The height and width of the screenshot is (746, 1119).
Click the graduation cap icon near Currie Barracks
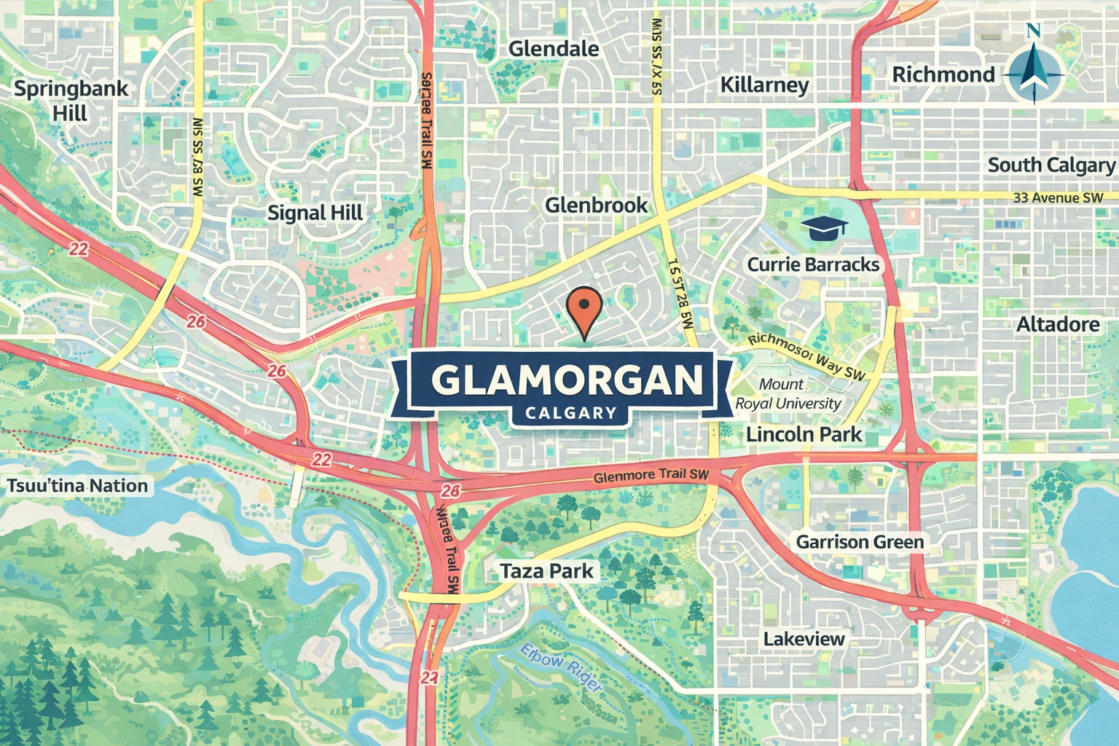[x=824, y=228]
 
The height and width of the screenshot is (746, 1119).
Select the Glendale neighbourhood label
[x=554, y=49]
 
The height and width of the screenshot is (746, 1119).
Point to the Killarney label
[x=764, y=85]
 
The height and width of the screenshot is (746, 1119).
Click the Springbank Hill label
[x=71, y=101]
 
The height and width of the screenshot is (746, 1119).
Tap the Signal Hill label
[x=315, y=213]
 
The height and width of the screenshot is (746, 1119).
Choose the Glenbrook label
[x=596, y=205]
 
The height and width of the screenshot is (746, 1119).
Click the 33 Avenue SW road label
[x=1058, y=197]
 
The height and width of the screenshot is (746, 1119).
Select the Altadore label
[x=1058, y=324]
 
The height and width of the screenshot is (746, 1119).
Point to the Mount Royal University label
[x=788, y=393]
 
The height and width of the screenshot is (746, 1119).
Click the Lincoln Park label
[x=804, y=435]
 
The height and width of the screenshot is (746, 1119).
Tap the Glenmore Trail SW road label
[x=651, y=475]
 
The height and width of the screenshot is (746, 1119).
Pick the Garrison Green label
[x=860, y=542]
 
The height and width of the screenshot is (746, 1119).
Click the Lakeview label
[x=804, y=639]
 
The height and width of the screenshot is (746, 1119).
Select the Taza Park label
[x=546, y=570]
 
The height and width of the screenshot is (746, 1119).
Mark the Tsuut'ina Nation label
[x=77, y=486]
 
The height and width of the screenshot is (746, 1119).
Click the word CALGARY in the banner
[x=570, y=413]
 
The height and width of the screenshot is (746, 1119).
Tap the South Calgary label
[x=1051, y=165]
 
